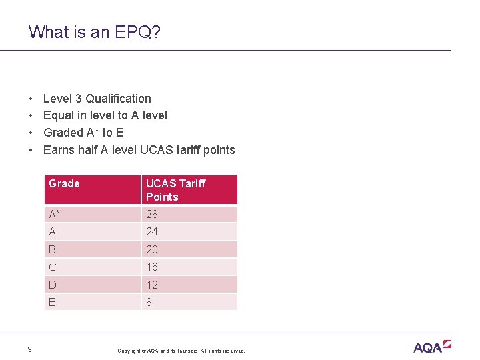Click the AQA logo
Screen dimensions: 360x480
click(432, 347)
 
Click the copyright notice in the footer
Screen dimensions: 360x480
click(181, 351)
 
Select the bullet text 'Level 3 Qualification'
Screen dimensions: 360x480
click(97, 99)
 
